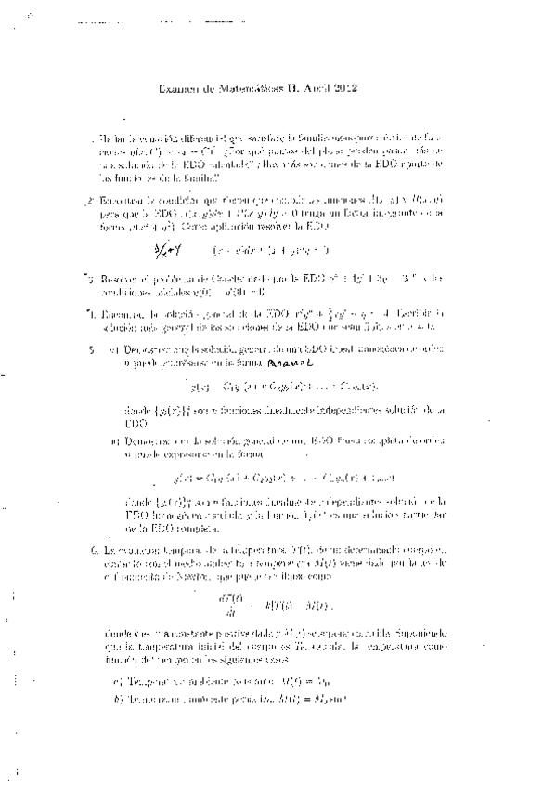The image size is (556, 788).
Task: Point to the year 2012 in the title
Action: click(342, 89)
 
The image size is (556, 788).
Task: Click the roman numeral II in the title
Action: click(282, 89)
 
